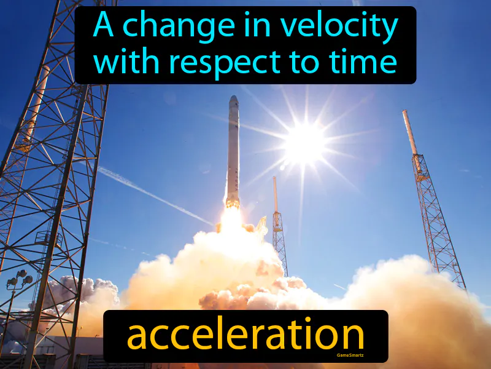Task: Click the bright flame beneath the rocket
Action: (231, 215)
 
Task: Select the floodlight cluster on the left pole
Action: (20, 280)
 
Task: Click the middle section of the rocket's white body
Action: (233, 154)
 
